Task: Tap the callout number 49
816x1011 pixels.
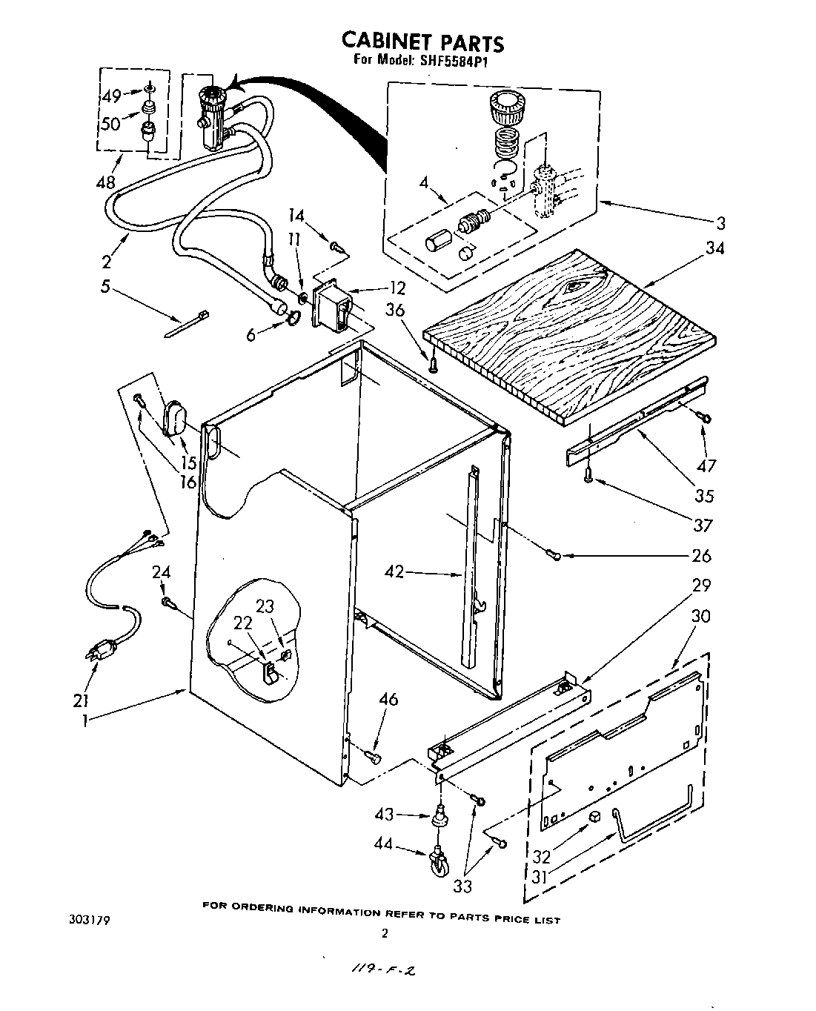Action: coord(112,96)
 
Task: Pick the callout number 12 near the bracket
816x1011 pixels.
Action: coord(398,287)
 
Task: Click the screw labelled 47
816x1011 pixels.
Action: coord(704,419)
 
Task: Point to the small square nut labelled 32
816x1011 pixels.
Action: coord(594,816)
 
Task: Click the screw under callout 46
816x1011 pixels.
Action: coord(373,756)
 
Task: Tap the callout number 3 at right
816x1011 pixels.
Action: coord(720,222)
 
